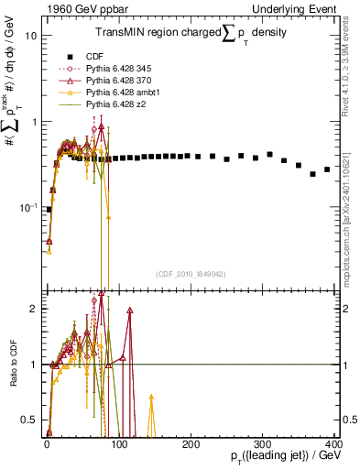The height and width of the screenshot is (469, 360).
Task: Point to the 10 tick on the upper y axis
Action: pos(30,36)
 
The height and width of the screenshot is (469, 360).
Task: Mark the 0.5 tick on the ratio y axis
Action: pos(28,420)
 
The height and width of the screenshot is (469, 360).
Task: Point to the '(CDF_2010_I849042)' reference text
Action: pos(190,273)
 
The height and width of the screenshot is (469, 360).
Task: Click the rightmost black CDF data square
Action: pos(327,169)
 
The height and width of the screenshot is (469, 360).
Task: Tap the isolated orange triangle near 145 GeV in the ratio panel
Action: pos(151,398)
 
